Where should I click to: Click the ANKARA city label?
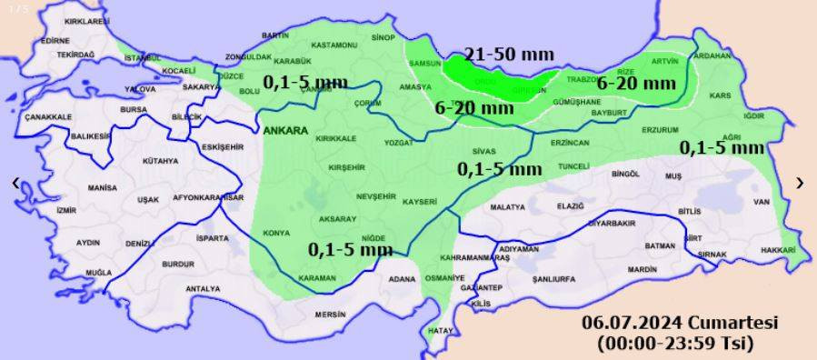(x=286, y=130)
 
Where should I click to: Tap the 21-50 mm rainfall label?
(x=500, y=54)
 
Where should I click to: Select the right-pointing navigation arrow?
(x=800, y=183)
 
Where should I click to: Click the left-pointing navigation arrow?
(x=15, y=183)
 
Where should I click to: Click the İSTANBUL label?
(x=143, y=58)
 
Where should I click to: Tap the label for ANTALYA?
(x=203, y=289)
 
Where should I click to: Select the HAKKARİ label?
(x=778, y=249)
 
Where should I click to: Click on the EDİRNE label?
(x=55, y=41)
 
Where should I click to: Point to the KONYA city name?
(x=276, y=234)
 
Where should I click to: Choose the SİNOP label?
(x=384, y=37)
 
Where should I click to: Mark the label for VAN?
(x=762, y=202)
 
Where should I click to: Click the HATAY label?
(x=441, y=330)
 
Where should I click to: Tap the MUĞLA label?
(x=98, y=273)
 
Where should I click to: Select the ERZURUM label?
(x=661, y=130)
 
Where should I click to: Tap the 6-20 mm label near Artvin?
(x=636, y=84)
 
